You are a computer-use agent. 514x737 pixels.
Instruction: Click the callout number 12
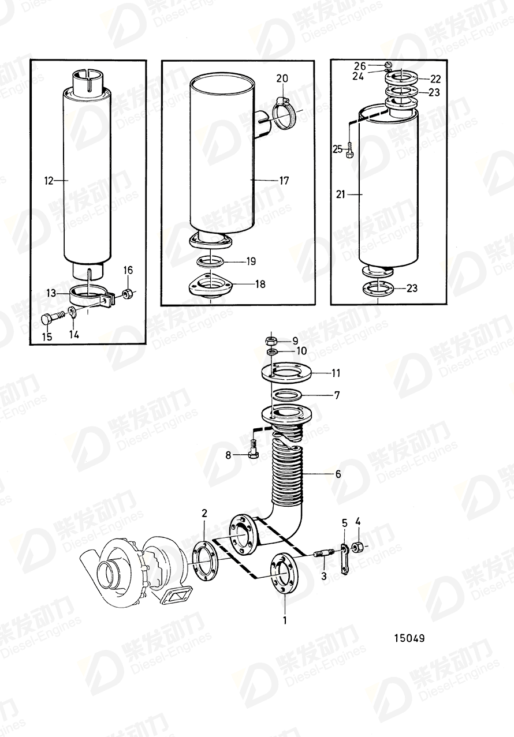tap(48, 181)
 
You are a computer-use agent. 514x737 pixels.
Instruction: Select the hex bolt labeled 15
tap(51, 317)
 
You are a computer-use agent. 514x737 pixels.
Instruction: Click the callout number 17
tap(284, 181)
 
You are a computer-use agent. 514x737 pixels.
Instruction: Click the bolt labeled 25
tap(351, 152)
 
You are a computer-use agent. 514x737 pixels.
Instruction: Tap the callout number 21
tap(340, 195)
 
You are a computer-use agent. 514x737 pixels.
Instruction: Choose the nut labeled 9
tap(269, 340)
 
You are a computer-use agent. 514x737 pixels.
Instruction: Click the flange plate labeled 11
tap(286, 373)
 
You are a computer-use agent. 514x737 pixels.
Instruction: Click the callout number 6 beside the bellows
tap(338, 474)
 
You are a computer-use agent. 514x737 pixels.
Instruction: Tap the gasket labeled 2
tap(203, 559)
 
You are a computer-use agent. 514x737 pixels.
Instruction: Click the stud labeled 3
tap(323, 555)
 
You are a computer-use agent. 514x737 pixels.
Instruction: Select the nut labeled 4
tap(358, 546)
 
